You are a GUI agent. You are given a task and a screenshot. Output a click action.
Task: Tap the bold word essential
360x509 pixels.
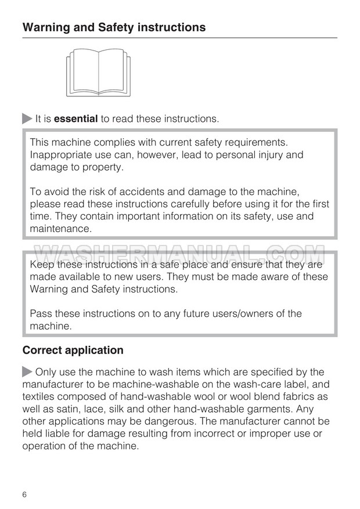pos(75,119)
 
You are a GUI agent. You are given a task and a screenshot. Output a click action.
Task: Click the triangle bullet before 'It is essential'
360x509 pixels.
pos(27,119)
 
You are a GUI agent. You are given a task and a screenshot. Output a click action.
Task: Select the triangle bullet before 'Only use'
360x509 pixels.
pos(27,372)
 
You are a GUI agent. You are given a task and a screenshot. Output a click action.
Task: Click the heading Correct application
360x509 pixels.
pos(73,351)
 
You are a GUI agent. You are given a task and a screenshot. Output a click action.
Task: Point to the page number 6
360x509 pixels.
pos(25,494)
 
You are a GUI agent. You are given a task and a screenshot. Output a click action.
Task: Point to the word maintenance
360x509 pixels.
pos(60,229)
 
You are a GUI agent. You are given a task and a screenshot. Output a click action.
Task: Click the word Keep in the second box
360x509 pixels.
pos(42,265)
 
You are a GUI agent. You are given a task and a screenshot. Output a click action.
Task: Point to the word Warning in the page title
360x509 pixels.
pos(45,27)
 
